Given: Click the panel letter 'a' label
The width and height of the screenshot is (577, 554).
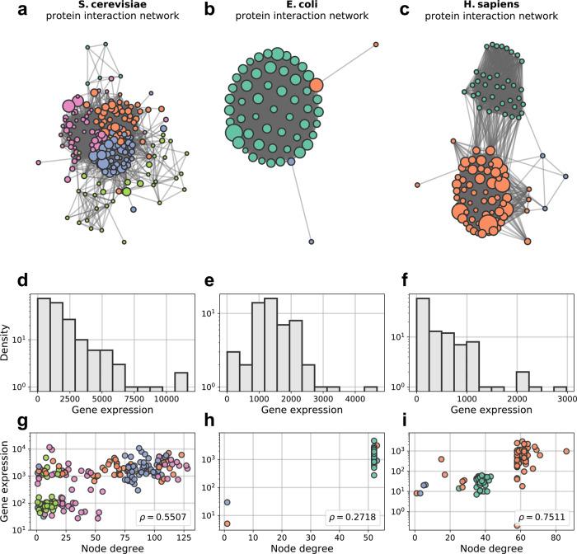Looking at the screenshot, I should [10, 11].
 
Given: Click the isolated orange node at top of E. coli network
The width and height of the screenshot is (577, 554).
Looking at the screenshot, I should [376, 44].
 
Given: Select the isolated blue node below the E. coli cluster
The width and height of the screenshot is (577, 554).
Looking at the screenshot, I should [311, 242].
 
